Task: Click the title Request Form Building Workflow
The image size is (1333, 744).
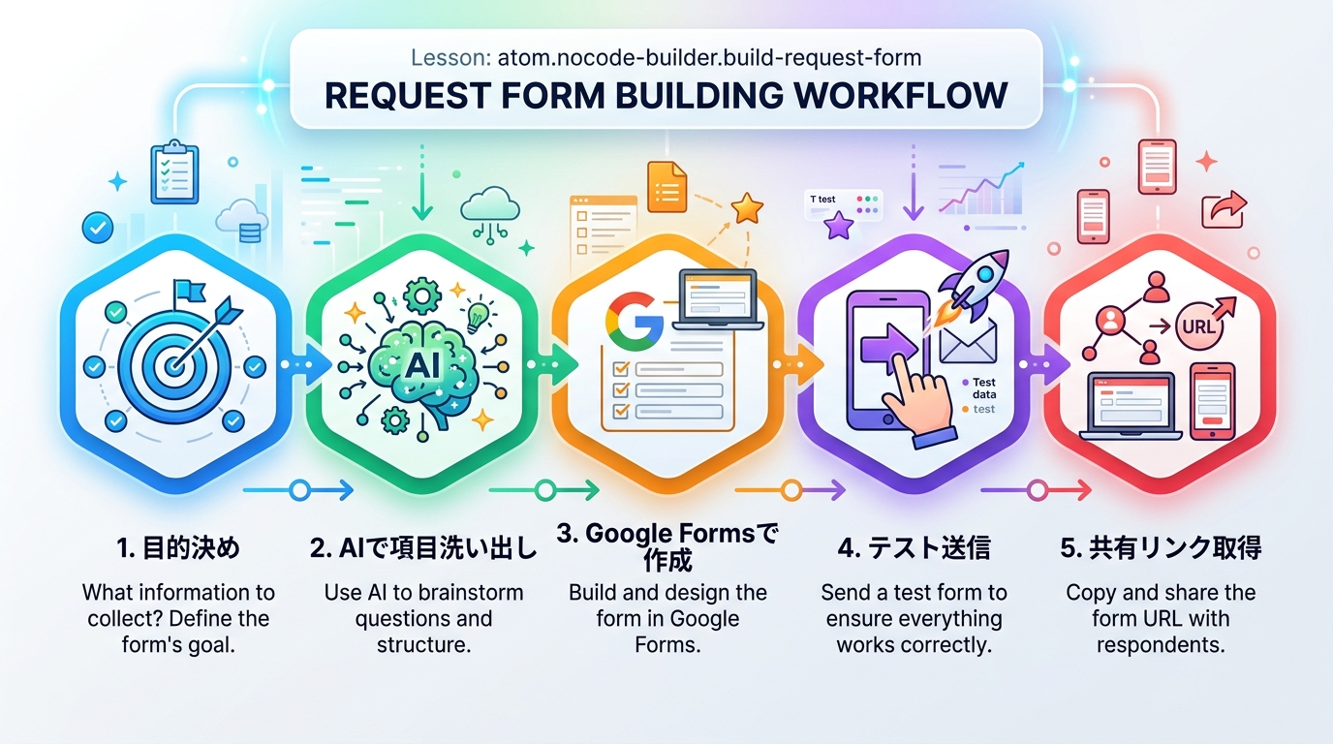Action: point(666,96)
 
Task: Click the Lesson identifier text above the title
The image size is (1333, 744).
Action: point(666,58)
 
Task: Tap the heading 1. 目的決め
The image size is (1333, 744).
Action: point(177,548)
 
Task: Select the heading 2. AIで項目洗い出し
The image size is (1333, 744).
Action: point(423,548)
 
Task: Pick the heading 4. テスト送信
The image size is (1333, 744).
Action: point(914,548)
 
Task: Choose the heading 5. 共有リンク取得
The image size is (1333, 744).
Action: point(1161,548)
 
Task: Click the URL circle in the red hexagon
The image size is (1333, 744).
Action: point(1197,326)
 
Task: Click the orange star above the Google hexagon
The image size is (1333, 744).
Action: point(747,206)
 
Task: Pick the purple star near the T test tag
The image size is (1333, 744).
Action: point(838,227)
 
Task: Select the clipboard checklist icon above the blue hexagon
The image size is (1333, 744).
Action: point(174,171)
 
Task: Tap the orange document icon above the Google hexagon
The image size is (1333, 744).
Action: point(666,184)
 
